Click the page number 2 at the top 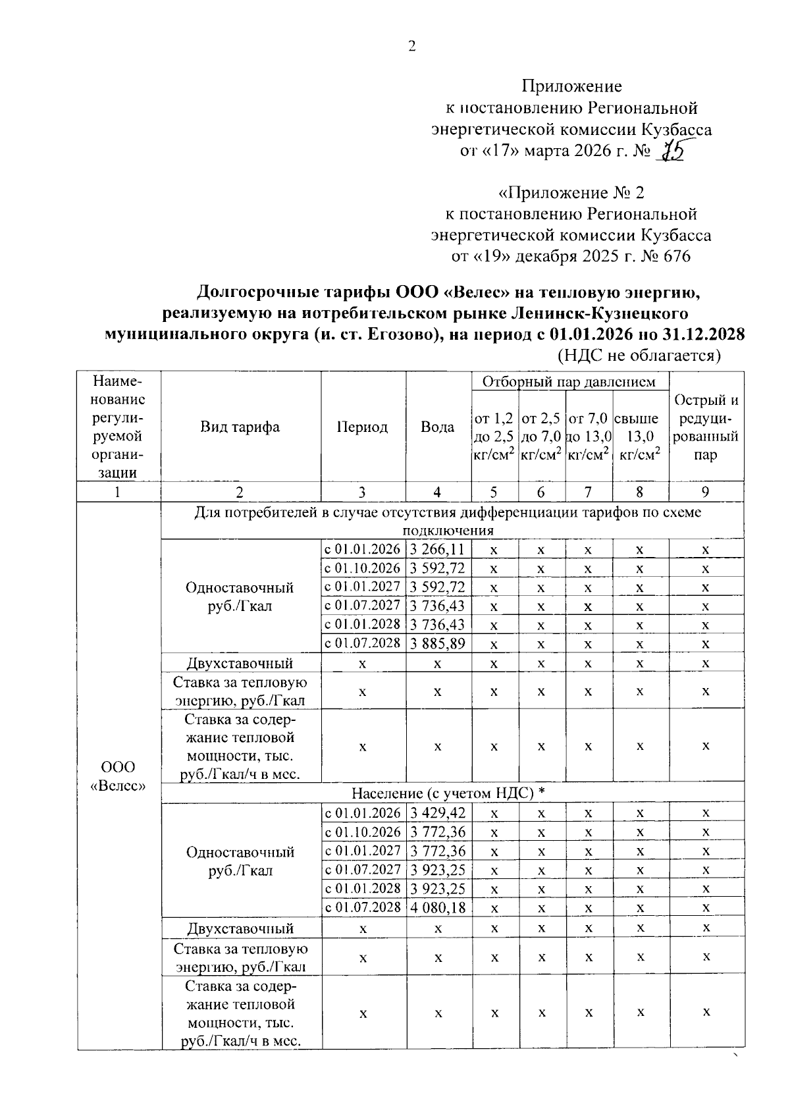click(412, 46)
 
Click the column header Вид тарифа click(240, 427)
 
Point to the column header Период click(362, 427)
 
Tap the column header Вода click(438, 427)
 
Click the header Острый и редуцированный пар click(706, 427)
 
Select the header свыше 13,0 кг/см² click(639, 436)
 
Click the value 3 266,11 click(438, 549)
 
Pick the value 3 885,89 click(438, 643)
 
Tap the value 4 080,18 click(438, 908)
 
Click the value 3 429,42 click(438, 813)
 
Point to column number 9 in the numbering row click(705, 492)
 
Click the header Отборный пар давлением click(569, 382)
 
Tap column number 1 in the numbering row click(118, 492)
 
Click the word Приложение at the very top click(571, 86)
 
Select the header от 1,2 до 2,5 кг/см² click(494, 436)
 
